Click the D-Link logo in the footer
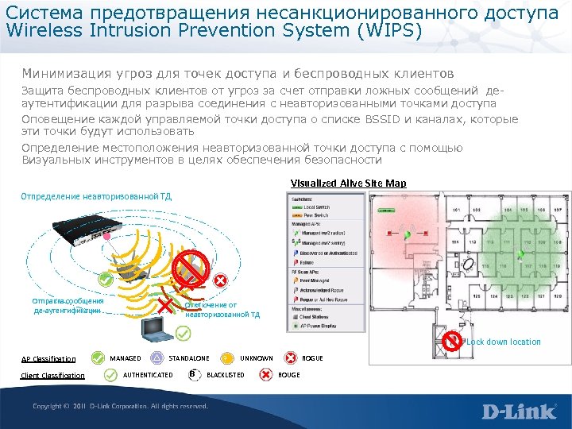(x=518, y=412)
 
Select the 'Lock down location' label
(x=504, y=342)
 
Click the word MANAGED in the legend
(x=125, y=358)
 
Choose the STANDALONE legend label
(x=189, y=358)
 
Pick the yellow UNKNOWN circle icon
(x=227, y=358)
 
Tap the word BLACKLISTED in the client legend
(x=225, y=374)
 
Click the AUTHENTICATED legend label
(x=149, y=374)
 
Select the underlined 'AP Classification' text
(x=48, y=359)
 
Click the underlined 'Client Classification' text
(x=52, y=376)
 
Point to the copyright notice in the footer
(x=120, y=407)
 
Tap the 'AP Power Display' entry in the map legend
(x=319, y=325)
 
